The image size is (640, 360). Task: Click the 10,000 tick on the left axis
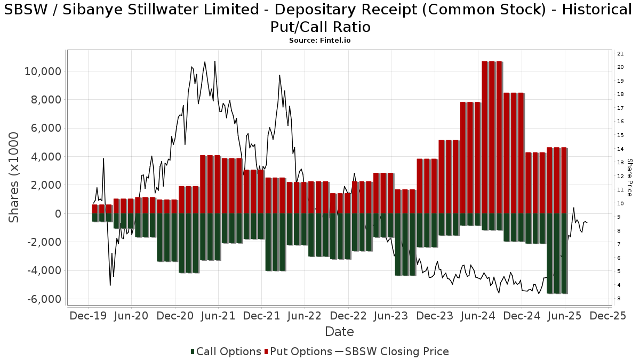(43, 71)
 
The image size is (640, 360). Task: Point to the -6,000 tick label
(44, 299)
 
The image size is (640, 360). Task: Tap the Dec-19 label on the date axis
(88, 316)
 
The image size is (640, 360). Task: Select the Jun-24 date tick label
(478, 316)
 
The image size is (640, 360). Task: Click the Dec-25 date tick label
(608, 316)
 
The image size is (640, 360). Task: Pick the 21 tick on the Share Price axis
(620, 54)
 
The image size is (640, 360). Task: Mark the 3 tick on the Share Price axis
(619, 299)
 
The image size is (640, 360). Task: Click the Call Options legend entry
(226, 351)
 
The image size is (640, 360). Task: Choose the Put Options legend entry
(298, 351)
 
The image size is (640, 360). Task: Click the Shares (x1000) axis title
(13, 178)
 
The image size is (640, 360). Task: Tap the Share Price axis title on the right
(629, 178)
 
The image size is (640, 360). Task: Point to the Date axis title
(339, 332)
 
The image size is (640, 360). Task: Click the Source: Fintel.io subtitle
(319, 41)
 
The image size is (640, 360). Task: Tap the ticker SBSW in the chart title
(26, 10)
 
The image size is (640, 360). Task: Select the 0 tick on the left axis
(58, 214)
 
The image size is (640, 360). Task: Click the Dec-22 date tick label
(348, 316)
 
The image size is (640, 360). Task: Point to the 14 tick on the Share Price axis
(620, 149)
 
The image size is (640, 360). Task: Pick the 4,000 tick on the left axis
(46, 157)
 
